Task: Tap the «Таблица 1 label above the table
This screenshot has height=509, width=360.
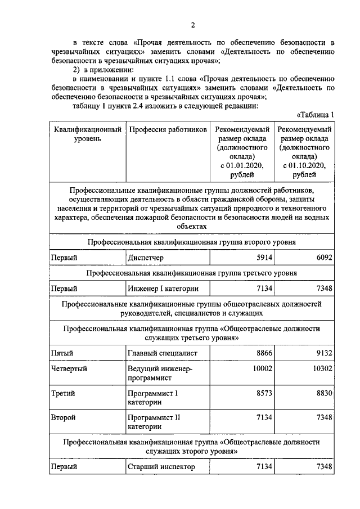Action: click(x=315, y=115)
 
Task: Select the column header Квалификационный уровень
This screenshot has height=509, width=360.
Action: click(x=88, y=134)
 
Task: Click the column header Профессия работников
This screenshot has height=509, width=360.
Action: click(x=168, y=130)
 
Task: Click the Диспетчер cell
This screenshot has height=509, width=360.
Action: click(x=145, y=258)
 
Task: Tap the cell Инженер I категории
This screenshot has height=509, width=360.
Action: click(x=163, y=289)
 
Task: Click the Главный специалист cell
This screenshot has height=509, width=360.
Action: click(x=161, y=353)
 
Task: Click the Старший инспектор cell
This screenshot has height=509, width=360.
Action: click(x=161, y=467)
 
